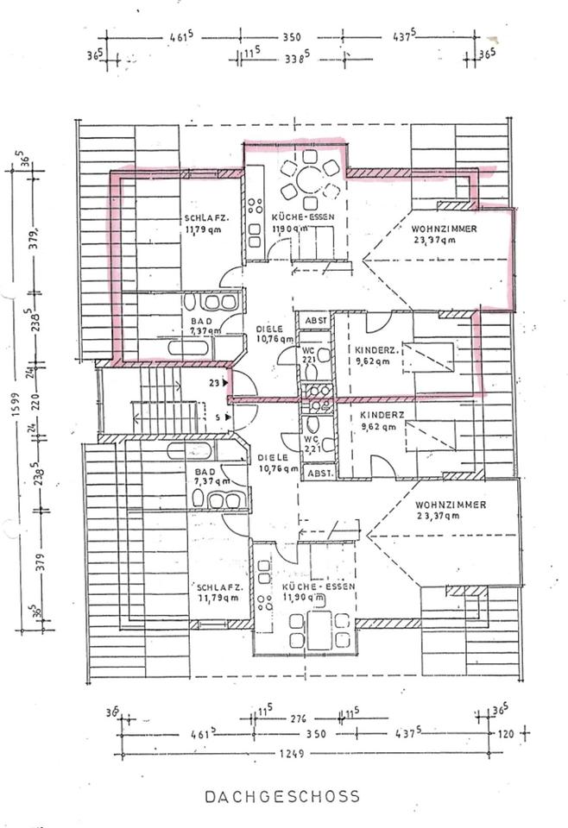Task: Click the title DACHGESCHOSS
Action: click(x=281, y=797)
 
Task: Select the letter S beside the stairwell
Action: click(x=218, y=417)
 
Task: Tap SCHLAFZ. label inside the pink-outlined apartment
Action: click(x=201, y=218)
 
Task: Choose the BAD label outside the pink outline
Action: click(x=204, y=472)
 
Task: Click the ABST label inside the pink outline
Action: click(x=315, y=321)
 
